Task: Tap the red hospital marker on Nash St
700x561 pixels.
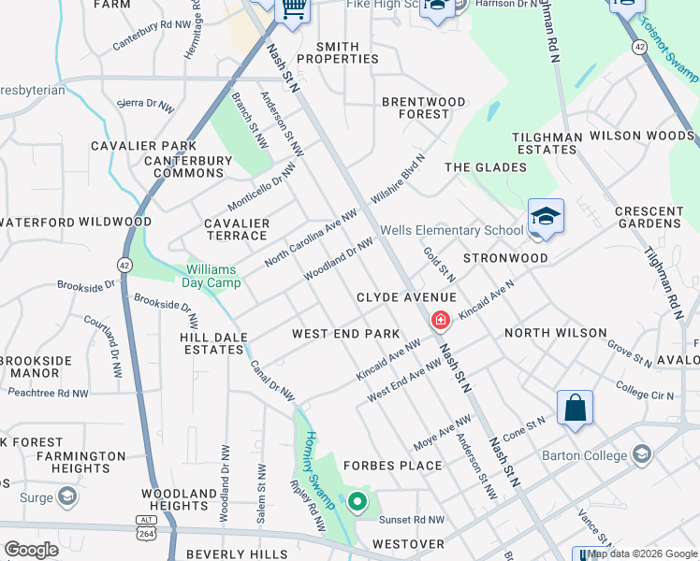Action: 439,321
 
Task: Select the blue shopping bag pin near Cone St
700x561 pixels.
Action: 575,409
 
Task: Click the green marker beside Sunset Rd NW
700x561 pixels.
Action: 357,502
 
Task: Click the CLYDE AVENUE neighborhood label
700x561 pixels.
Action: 406,297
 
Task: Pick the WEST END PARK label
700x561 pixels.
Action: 345,334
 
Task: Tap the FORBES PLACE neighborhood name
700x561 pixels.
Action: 392,466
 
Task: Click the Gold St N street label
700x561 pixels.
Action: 438,265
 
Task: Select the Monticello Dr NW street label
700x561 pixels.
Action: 261,187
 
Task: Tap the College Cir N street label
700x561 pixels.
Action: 645,390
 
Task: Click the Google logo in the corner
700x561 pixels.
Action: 31,549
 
